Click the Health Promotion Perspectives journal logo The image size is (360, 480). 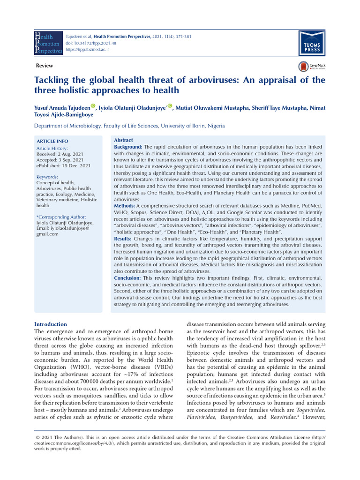tap(48, 43)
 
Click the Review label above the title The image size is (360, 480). tap(44, 66)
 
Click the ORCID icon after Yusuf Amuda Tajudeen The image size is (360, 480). tap(93, 106)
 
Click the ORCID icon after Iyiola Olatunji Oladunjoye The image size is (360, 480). tap(170, 106)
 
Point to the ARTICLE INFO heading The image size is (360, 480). tap(52, 141)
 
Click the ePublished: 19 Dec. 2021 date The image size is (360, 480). tap(63, 165)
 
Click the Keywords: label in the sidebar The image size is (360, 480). tap(47, 177)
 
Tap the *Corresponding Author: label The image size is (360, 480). tap(61, 217)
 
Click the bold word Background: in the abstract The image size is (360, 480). tap(128, 147)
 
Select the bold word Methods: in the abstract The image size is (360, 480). tap(125, 206)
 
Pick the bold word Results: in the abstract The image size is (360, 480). tap(123, 239)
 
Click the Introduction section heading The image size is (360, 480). tap(51, 324)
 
